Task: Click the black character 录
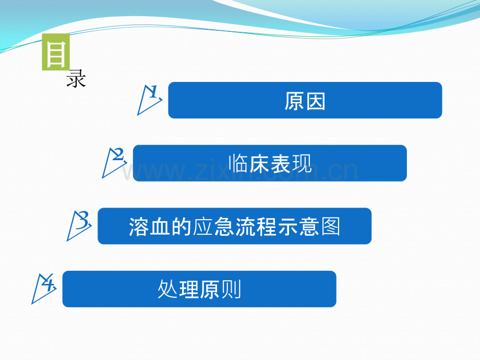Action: (76, 80)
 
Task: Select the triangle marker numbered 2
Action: (114, 162)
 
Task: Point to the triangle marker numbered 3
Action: (79, 225)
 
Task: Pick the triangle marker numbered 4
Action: (43, 288)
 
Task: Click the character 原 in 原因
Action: (295, 101)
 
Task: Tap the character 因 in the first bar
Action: (316, 101)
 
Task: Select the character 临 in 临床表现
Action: (238, 164)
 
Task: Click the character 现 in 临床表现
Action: (302, 164)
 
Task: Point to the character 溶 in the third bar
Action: (139, 227)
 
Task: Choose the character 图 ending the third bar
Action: (330, 227)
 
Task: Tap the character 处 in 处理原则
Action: (168, 290)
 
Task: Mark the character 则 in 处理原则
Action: (231, 290)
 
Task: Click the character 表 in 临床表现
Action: (281, 164)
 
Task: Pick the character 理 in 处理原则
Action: (189, 290)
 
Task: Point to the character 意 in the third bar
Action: (308, 227)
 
